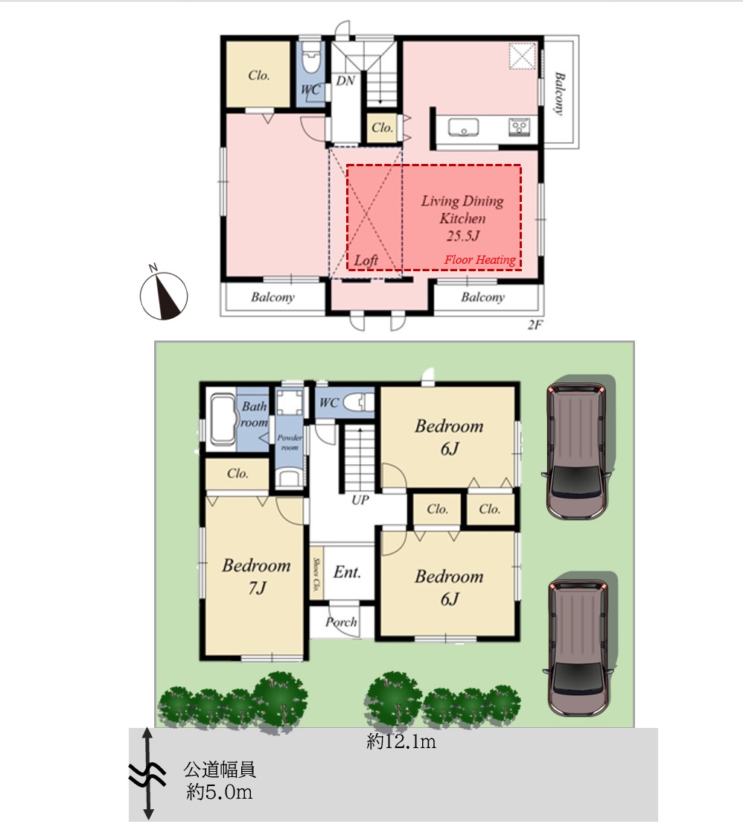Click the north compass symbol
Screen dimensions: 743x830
pyautogui.click(x=163, y=294)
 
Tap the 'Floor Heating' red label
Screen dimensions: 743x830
pyautogui.click(x=479, y=259)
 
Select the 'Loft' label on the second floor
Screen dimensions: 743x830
pyautogui.click(x=366, y=260)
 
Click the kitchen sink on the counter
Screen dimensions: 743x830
pyautogui.click(x=463, y=127)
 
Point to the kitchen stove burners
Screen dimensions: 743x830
pyautogui.click(x=519, y=127)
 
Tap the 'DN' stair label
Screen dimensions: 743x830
pyautogui.click(x=345, y=80)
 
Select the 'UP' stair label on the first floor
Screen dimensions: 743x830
pyautogui.click(x=360, y=500)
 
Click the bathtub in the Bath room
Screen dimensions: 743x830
pyautogui.click(x=223, y=419)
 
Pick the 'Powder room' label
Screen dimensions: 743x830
pyautogui.click(x=290, y=443)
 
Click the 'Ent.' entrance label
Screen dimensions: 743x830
pyautogui.click(x=348, y=571)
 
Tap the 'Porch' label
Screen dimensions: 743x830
pyautogui.click(x=341, y=622)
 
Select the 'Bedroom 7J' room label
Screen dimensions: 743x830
pyautogui.click(x=257, y=576)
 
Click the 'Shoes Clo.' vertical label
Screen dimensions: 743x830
pyautogui.click(x=316, y=574)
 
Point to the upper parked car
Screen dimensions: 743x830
pyautogui.click(x=578, y=450)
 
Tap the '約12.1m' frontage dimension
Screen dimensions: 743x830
pyautogui.click(x=401, y=741)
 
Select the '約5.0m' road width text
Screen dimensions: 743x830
pyautogui.click(x=219, y=792)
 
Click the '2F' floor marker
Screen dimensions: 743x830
pyautogui.click(x=535, y=325)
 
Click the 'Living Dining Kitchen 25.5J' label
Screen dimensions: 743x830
pyautogui.click(x=463, y=218)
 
